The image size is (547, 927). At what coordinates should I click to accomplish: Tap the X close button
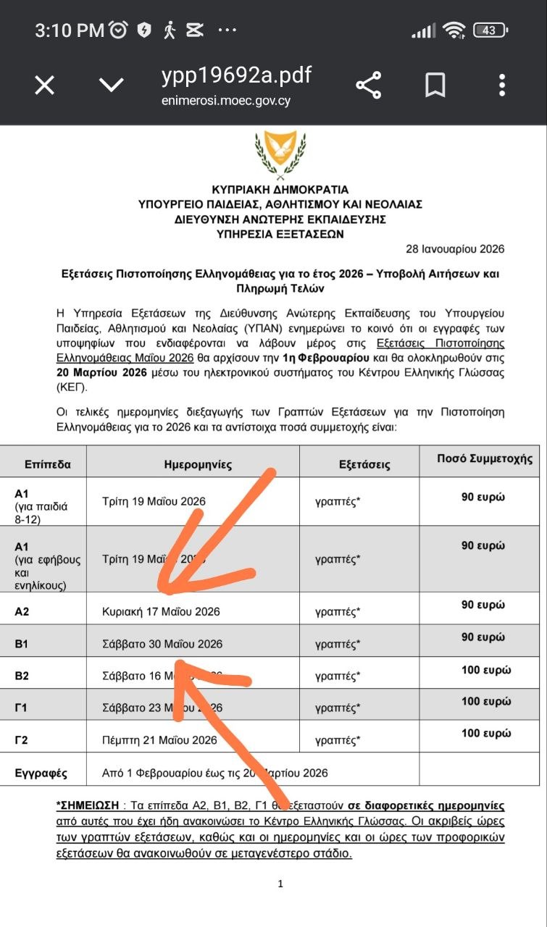(x=45, y=85)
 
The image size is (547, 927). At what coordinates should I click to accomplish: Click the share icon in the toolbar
(x=369, y=85)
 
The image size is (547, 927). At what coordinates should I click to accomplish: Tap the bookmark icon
(x=435, y=85)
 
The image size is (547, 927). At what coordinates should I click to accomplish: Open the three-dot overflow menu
(x=502, y=85)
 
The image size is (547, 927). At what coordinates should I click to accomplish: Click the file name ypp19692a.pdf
(x=236, y=75)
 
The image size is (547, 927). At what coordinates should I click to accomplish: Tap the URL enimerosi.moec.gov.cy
(x=226, y=101)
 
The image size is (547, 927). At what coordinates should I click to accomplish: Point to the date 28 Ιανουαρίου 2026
(x=455, y=249)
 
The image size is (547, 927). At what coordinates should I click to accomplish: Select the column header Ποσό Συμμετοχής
(x=485, y=459)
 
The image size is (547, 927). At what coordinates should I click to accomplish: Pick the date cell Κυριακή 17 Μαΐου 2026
(x=162, y=612)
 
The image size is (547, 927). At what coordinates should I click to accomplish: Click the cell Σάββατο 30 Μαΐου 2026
(x=162, y=644)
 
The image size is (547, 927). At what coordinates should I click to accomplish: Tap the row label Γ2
(x=22, y=740)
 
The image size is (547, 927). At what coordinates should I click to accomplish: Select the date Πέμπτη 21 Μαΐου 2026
(x=160, y=740)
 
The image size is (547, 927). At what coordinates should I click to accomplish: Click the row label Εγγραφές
(x=41, y=773)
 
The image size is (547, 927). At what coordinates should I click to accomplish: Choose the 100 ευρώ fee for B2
(x=486, y=670)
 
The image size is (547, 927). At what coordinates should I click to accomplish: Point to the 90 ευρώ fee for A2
(x=483, y=605)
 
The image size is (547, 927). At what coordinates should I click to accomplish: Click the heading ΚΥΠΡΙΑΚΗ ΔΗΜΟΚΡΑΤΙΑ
(x=280, y=190)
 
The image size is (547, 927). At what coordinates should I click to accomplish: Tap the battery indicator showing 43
(x=490, y=30)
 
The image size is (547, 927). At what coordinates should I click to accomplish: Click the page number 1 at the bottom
(x=280, y=884)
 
